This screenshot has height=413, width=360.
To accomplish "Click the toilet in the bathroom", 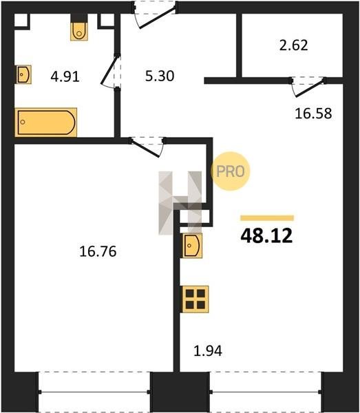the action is click(79, 31).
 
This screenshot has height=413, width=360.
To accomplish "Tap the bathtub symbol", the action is click(46, 123).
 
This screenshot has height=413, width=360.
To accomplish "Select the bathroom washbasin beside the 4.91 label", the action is click(23, 74).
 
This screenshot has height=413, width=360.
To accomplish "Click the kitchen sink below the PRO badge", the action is click(192, 246).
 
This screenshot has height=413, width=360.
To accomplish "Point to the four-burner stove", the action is click(195, 299).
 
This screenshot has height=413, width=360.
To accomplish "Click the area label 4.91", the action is click(65, 77).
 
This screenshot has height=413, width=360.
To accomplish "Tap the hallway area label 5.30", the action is click(160, 76).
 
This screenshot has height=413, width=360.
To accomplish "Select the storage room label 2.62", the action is click(293, 45).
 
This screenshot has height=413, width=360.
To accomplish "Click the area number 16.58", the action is click(313, 114).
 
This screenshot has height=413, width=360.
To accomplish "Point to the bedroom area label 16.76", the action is click(98, 251).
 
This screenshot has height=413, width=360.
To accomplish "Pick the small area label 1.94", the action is click(208, 351).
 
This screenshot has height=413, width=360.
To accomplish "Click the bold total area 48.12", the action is click(266, 235).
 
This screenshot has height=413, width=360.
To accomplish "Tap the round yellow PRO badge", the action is click(231, 171).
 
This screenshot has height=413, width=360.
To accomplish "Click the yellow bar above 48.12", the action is click(267, 218).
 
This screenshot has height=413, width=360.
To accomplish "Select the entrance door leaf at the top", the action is click(157, 18).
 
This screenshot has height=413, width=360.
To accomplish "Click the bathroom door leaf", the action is click(109, 70).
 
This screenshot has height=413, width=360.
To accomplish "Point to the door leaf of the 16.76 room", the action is click(145, 148).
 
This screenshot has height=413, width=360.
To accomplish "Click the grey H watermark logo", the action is click(180, 203).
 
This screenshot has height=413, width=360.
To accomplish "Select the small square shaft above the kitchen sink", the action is click(195, 217).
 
